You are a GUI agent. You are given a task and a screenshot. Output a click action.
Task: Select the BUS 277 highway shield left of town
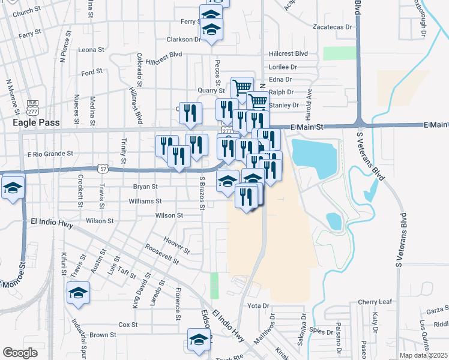click(x=32, y=107)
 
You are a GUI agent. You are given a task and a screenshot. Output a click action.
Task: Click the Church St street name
click(x=26, y=11)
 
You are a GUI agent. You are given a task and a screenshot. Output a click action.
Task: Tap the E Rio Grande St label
click(x=50, y=154)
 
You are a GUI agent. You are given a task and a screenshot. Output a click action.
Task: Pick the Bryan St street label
click(x=146, y=187)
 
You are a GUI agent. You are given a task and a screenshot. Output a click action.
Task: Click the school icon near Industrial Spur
click(x=77, y=294)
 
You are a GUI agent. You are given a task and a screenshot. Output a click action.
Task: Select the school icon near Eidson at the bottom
click(x=199, y=340)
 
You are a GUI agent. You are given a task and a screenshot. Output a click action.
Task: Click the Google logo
click(x=19, y=353)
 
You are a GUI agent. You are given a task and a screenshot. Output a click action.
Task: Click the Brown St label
click(x=103, y=335)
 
